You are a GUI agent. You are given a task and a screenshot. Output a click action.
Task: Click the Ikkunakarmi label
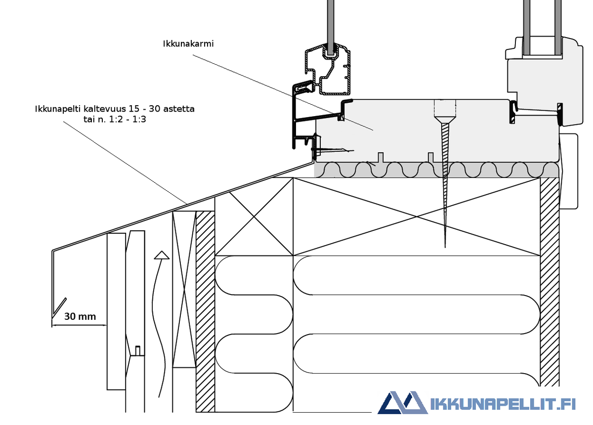pos(188,43)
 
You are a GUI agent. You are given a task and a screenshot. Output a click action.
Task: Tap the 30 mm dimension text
pos(80,316)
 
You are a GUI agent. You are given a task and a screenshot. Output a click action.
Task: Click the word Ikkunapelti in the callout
pos(58,109)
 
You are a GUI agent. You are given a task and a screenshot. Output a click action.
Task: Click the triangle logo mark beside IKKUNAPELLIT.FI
pos(402,402)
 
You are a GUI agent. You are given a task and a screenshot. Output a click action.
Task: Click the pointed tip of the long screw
pos(445,247)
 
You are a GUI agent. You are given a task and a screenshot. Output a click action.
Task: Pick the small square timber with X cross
pos(254,216)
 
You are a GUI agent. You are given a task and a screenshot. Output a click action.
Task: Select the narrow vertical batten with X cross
pos(184,289)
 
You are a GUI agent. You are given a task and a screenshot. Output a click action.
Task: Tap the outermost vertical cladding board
pos(116,311)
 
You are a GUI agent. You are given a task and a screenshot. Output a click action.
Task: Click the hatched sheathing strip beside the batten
pos(205,311)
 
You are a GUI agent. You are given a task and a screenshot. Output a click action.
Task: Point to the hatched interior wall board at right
pos(550,282)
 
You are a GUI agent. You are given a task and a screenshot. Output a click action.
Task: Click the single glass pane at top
pos(331,27)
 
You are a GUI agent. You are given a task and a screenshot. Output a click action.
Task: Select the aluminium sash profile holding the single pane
pos(328,70)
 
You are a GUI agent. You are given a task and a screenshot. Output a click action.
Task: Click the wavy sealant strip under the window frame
pos(437,170)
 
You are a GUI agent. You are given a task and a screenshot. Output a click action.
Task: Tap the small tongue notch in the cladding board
pos(138,350)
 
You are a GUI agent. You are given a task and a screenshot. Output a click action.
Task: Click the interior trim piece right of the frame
pos(568,171)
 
